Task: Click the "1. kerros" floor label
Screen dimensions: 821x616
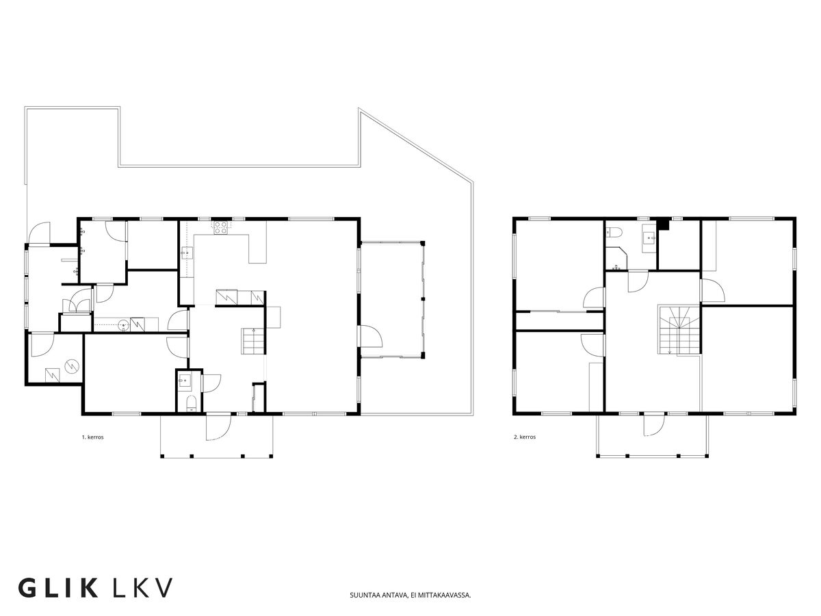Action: click(x=93, y=437)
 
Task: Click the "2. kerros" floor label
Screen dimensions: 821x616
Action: click(x=525, y=437)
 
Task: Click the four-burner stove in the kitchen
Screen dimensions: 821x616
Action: click(x=220, y=228)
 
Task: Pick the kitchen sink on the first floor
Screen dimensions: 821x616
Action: click(x=186, y=253)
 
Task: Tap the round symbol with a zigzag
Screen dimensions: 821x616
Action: click(x=71, y=366)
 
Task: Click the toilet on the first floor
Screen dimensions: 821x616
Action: click(x=191, y=403)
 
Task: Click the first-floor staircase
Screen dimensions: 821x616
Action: click(x=254, y=341)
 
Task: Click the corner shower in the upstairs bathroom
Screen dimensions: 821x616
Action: click(x=615, y=258)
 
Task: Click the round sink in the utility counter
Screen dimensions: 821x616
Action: click(x=124, y=325)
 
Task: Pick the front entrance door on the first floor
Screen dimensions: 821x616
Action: click(x=218, y=426)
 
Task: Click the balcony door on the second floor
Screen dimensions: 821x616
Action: click(x=654, y=424)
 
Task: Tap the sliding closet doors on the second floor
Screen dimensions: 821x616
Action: click(x=560, y=311)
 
